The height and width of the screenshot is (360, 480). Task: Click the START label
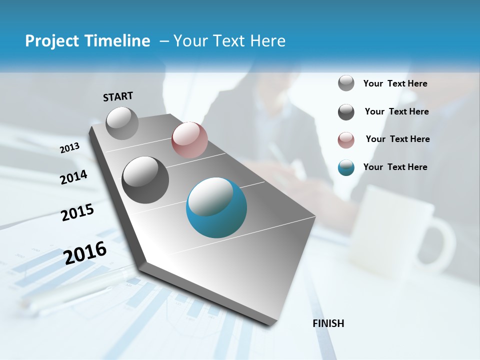[x=118, y=96]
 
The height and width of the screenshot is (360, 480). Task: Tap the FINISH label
[x=328, y=323]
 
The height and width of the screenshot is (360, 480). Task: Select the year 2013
[x=69, y=148]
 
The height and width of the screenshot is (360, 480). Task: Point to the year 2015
[x=77, y=212]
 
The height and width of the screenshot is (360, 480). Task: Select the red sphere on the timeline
[x=189, y=140]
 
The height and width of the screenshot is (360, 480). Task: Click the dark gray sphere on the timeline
[x=145, y=180]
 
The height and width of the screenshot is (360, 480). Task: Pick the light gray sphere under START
[x=122, y=123]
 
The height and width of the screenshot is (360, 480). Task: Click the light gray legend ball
[x=346, y=83]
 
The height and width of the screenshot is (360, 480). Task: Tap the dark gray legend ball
[x=346, y=112]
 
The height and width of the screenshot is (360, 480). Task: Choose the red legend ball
[x=346, y=140]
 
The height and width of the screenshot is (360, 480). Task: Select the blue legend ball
[x=346, y=167]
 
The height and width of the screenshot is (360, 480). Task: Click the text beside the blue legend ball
[x=395, y=167]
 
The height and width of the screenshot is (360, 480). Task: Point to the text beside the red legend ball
[x=397, y=139]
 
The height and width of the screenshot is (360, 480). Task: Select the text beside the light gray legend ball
[x=395, y=83]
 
